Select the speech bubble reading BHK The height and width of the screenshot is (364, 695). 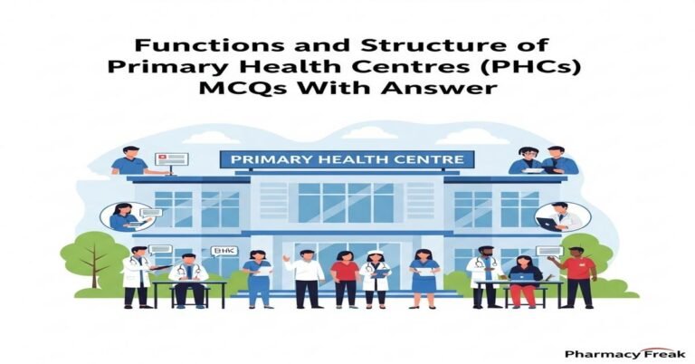point(222,251)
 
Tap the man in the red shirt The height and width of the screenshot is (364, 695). point(577,275)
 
